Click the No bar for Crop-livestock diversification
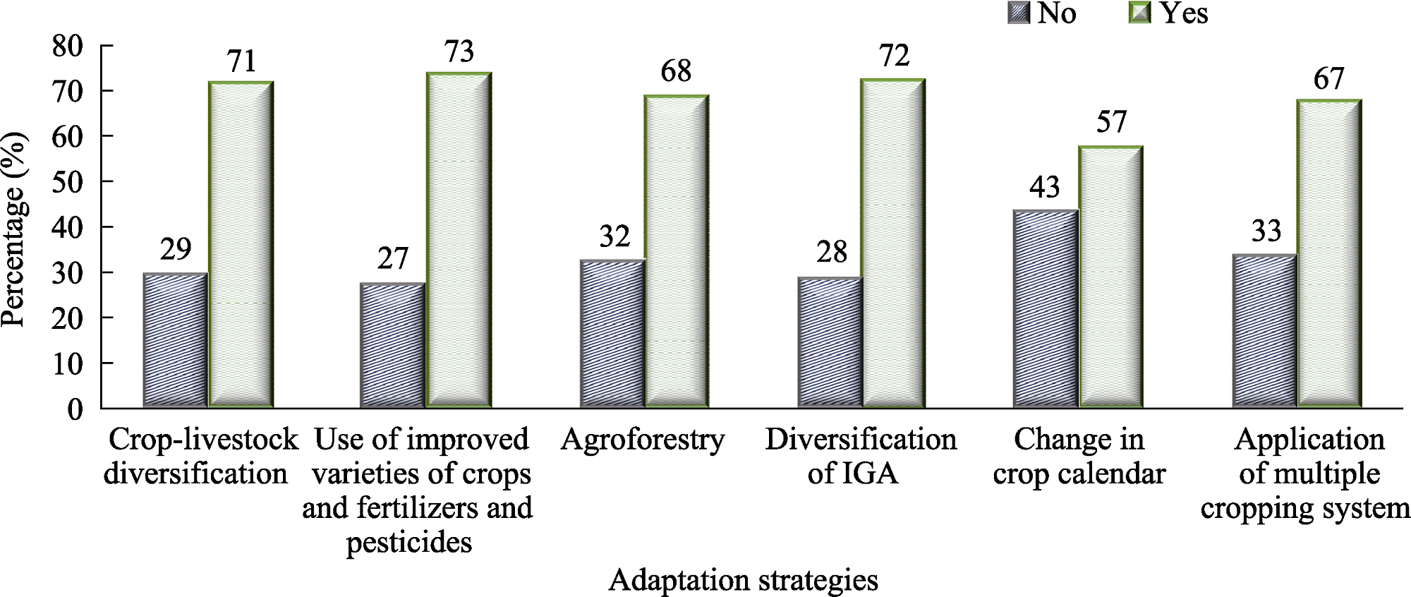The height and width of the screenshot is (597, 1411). pos(175,340)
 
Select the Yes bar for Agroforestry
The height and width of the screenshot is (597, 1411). pos(677,251)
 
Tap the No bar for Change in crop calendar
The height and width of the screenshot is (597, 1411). pos(1045,309)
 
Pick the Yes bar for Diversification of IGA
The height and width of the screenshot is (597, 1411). pos(892,243)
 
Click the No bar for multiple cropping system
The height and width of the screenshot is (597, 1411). pos(1264,331)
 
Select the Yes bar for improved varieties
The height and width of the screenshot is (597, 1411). pos(459,240)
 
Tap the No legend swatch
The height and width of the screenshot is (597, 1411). pos(1019,13)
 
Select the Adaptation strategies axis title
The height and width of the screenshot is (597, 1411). pos(744,581)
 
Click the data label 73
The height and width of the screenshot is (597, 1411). pos(459,52)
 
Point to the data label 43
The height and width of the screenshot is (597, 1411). pos(1045,188)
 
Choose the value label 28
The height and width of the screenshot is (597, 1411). pos(832,253)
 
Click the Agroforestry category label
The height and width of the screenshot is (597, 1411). pos(643,440)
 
